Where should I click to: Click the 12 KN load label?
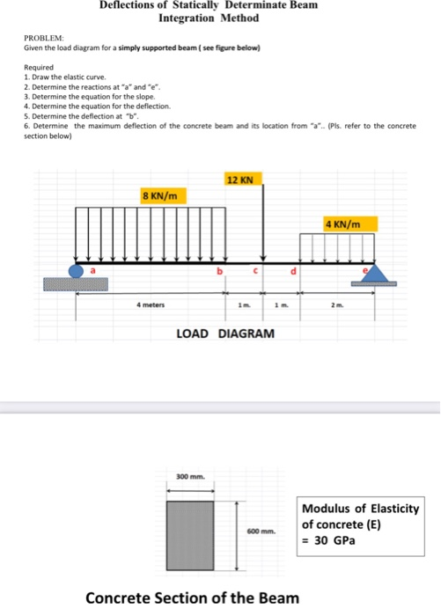(x=239, y=180)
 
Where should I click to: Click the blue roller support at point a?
(x=77, y=270)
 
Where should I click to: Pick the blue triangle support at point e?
(x=375, y=274)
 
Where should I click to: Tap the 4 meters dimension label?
(x=151, y=305)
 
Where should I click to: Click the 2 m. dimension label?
(x=337, y=305)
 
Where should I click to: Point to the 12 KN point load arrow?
(x=261, y=224)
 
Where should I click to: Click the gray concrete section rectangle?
(x=190, y=529)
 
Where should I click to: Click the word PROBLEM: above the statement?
(x=41, y=38)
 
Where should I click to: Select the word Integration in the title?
(x=189, y=18)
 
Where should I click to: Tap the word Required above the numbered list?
(x=40, y=67)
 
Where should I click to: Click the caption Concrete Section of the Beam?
(x=191, y=598)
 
